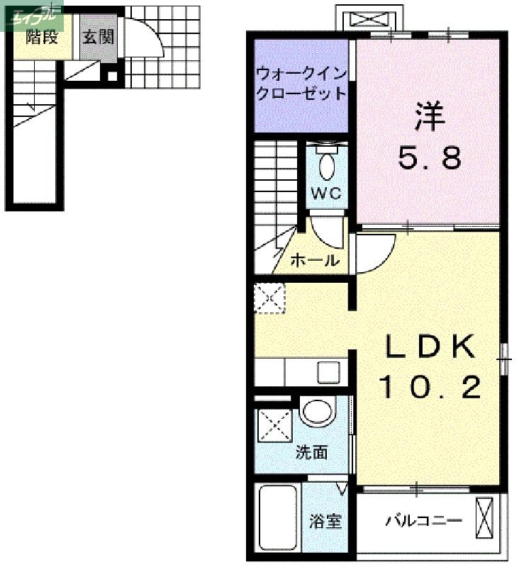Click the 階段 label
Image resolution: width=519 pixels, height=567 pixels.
[x=41, y=38]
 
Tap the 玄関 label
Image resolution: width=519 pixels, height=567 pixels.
[x=98, y=38]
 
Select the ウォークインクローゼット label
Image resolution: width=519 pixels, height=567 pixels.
[x=301, y=83]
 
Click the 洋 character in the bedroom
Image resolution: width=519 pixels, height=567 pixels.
[x=430, y=116]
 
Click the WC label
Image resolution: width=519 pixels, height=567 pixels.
[x=326, y=193]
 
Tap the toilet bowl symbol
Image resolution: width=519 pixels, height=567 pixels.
[x=327, y=167]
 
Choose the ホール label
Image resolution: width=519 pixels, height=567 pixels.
[x=314, y=261]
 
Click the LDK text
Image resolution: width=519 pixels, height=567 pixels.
[x=430, y=347]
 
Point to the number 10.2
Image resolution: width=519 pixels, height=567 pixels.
[x=430, y=387]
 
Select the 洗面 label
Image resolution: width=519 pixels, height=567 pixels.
[x=311, y=451]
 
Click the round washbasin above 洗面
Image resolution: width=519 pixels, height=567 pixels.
[x=316, y=412]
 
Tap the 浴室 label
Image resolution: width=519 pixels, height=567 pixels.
[x=325, y=522]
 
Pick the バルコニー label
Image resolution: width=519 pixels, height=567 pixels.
[x=423, y=522]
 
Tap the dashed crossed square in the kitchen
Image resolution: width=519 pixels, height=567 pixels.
[x=269, y=298]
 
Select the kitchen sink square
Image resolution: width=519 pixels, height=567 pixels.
[x=329, y=372]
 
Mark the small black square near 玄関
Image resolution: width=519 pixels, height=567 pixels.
[x=111, y=77]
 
